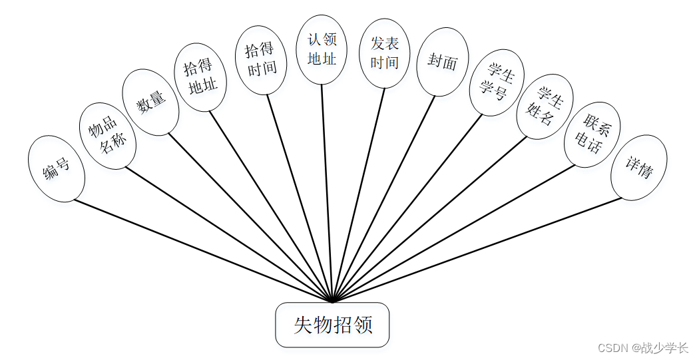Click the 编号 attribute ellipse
[x=57, y=169]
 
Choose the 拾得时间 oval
[x=261, y=60]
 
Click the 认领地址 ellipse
[x=322, y=49]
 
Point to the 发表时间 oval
[x=385, y=53]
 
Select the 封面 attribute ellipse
[x=443, y=62]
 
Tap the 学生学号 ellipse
[x=497, y=83]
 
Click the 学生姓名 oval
[x=545, y=106]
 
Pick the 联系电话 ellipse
[x=592, y=134]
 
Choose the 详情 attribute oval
[x=638, y=167]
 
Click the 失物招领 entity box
[x=332, y=325]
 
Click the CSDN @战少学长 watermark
[x=642, y=347]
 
